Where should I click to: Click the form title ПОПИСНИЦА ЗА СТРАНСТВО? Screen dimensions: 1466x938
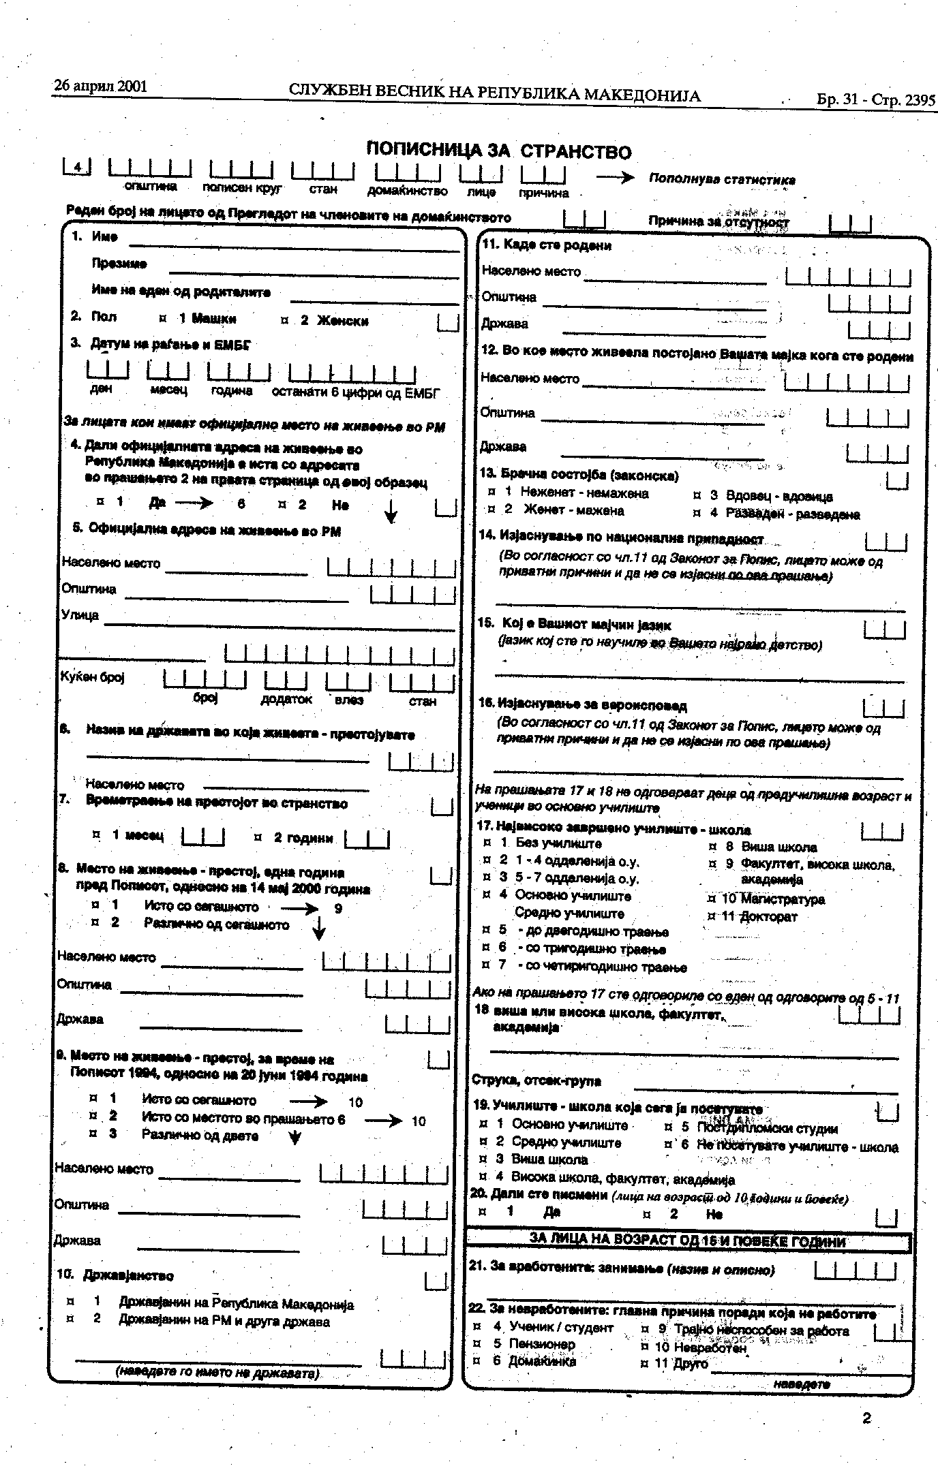click(x=498, y=151)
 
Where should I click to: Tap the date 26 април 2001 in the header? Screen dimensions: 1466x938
click(x=100, y=87)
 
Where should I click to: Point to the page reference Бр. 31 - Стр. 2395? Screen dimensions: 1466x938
click(x=875, y=99)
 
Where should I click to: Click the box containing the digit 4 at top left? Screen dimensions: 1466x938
click(x=77, y=166)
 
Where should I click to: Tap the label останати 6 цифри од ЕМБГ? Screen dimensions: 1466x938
click(x=355, y=393)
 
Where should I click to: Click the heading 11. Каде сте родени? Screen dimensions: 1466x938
click(x=547, y=245)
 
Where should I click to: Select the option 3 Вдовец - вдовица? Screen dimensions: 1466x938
click(x=763, y=496)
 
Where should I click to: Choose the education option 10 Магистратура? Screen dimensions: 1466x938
click(x=767, y=899)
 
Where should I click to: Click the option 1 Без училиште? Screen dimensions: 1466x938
click(x=542, y=843)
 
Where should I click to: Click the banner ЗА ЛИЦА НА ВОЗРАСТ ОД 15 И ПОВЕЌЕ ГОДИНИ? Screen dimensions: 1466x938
click(x=687, y=1241)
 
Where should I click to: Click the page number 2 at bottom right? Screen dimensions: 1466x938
click(x=866, y=1418)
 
